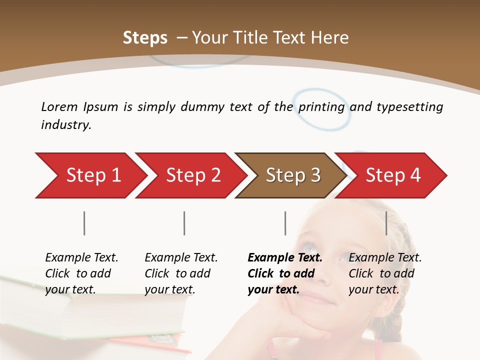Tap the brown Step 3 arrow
(292, 175)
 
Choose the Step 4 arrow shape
(392, 175)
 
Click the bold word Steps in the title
(145, 38)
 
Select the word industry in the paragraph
(66, 125)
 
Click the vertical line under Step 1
(84, 223)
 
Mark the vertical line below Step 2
(184, 223)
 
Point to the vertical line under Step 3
(285, 223)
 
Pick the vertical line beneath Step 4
(386, 223)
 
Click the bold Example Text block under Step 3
(284, 273)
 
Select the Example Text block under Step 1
(81, 273)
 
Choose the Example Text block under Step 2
(181, 273)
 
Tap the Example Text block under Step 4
(385, 273)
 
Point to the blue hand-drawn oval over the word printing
(322, 109)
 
